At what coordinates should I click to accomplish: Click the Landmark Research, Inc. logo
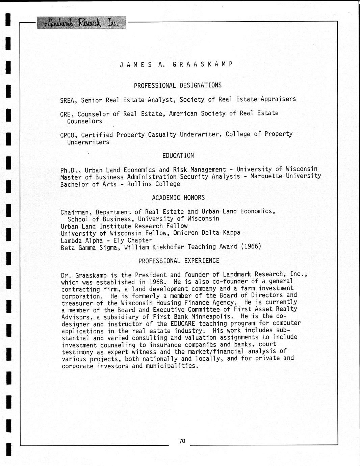(81, 23)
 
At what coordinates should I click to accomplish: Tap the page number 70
(182, 441)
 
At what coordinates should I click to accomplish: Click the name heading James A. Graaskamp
(176, 64)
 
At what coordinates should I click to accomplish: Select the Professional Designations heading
(178, 85)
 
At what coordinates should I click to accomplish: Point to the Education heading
(178, 155)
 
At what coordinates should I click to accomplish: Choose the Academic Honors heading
(178, 198)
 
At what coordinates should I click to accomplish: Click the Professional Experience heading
(179, 261)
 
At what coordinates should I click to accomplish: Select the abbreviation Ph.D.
(69, 170)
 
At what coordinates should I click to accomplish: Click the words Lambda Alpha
(82, 240)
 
